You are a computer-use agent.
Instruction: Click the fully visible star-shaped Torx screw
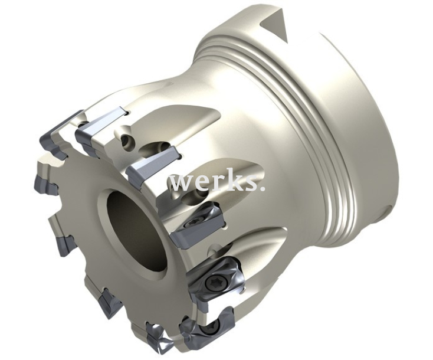[x=211, y=282]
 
